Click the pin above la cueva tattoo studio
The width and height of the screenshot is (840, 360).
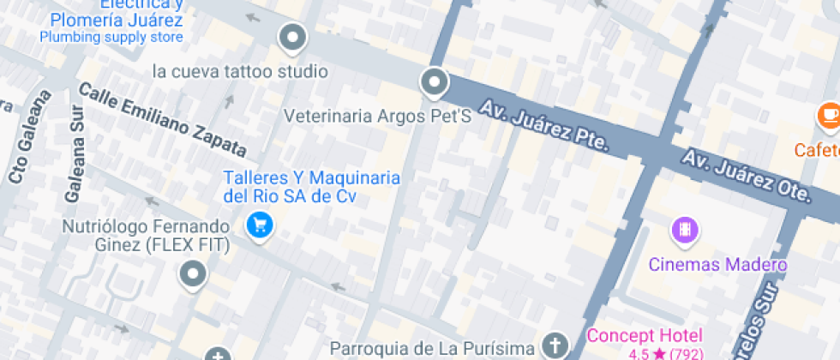[x=293, y=38]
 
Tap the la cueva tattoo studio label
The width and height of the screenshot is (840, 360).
[x=240, y=71]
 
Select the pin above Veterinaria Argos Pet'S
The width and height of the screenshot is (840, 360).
[x=435, y=83]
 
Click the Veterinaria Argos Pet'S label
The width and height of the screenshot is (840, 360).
[x=378, y=116]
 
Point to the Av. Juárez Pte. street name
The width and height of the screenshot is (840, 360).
[x=543, y=126]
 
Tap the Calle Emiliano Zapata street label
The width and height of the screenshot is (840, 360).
[x=162, y=121]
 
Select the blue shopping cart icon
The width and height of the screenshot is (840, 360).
[x=259, y=225]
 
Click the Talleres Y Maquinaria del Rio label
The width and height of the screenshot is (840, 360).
[x=312, y=187]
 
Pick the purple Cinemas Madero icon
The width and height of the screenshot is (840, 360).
[x=684, y=230]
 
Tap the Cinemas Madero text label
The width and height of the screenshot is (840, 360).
[x=717, y=265]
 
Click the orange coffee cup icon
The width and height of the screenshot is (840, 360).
[x=829, y=114]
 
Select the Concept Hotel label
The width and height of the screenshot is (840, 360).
[x=645, y=335]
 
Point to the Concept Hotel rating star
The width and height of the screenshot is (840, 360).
[x=658, y=353]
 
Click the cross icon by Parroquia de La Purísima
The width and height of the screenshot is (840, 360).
[x=555, y=345]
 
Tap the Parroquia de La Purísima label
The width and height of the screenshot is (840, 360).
[x=434, y=349]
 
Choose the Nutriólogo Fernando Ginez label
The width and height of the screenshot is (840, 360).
[x=147, y=237]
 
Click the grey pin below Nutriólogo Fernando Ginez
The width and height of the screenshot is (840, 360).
[x=193, y=274]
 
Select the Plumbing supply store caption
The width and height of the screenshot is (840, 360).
[x=111, y=37]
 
